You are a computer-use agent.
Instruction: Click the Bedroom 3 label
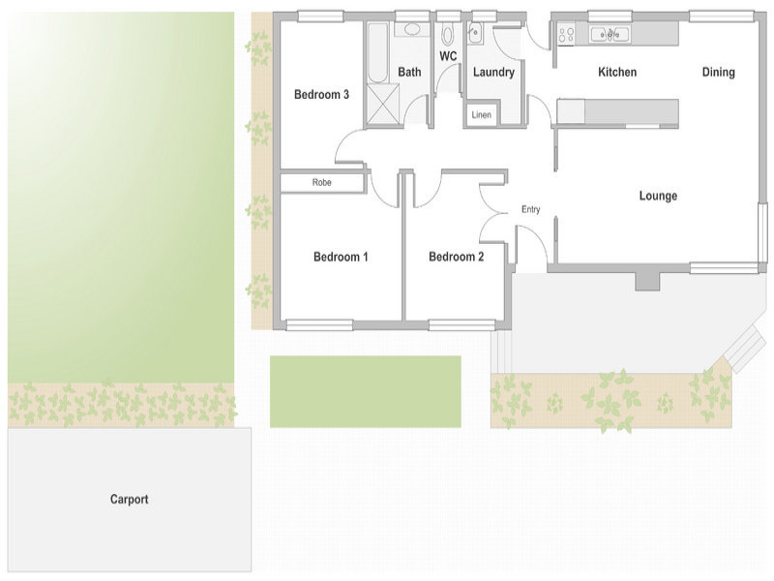pos(321,94)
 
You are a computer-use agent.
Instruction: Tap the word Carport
pos(130,500)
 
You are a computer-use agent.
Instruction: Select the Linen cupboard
pos(481,114)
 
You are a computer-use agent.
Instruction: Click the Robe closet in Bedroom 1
pos(322,182)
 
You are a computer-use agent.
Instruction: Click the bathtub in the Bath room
pos(379,52)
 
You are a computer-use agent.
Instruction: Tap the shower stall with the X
pos(382,104)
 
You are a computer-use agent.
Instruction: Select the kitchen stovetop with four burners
pos(566,35)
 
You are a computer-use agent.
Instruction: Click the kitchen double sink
pos(610,34)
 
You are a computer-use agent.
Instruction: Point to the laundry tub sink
pos(475,34)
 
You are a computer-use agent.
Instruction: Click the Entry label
pos(530,209)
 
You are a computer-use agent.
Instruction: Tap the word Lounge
pos(658,196)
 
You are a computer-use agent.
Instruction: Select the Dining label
pos(718,72)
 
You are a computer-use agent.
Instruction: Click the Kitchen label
pos(617,72)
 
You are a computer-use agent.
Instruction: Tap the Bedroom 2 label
pos(456,257)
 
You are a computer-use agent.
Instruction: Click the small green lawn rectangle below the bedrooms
pos(366,392)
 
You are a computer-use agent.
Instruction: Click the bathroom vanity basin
pos(413,29)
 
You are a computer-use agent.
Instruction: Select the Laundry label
pos(493,73)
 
